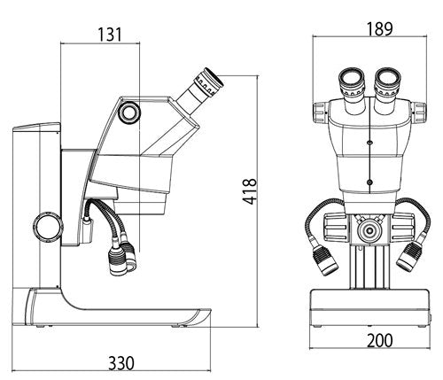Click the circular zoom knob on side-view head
129,111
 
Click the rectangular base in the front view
369,310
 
